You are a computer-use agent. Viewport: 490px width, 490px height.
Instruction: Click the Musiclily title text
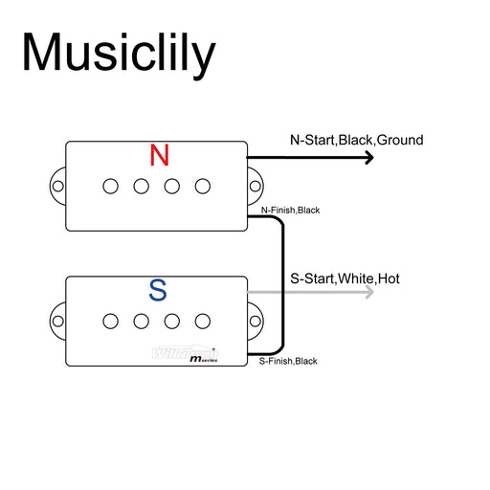tap(119, 54)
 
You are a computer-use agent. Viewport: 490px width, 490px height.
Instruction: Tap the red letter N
tap(160, 155)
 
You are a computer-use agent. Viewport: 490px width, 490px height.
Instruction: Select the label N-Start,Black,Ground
tap(356, 141)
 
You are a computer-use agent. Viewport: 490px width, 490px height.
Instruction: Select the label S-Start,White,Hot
tap(345, 279)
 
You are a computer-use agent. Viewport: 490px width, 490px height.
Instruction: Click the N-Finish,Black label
tap(290, 210)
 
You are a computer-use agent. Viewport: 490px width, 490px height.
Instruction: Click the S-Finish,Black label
tap(288, 361)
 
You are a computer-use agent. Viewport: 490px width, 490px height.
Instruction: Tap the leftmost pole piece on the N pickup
tap(111, 186)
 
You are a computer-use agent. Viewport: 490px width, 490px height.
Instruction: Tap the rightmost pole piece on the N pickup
tap(203, 186)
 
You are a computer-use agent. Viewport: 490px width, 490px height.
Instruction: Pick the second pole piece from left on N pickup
tap(142, 186)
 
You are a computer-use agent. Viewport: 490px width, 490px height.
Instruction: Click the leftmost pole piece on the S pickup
tap(111, 319)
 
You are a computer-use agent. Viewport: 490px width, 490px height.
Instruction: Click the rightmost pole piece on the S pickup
tap(203, 319)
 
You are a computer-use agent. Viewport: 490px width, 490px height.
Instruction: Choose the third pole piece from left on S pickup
tap(172, 319)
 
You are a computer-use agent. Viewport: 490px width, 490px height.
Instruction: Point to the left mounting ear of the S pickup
tap(57, 319)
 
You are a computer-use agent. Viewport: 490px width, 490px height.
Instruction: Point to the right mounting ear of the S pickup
tap(256, 319)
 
